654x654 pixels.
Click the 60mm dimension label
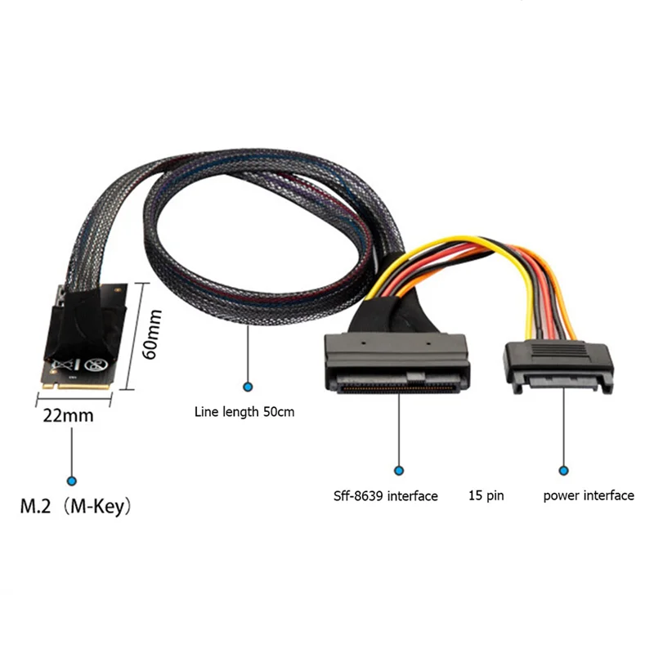[154, 333]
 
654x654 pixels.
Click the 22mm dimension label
[68, 415]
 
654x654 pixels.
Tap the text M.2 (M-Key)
[74, 506]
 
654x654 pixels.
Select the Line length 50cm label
[244, 412]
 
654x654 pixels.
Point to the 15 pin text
[486, 495]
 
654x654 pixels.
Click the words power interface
[588, 495]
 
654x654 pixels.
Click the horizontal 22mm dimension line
[74, 401]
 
